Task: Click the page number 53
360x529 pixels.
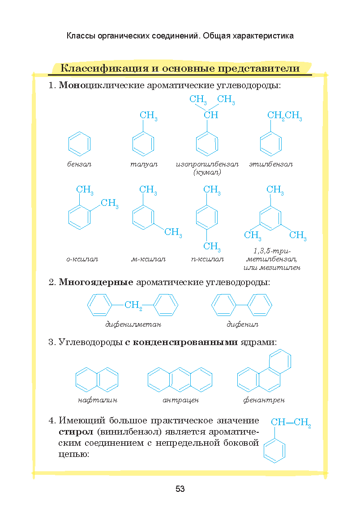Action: click(180, 489)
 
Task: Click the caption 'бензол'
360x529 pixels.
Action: click(79, 164)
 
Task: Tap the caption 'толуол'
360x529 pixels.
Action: click(144, 164)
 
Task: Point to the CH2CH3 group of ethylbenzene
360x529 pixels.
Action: click(285, 116)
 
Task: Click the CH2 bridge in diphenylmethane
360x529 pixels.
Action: click(133, 305)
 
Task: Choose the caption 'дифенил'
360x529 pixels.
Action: click(242, 324)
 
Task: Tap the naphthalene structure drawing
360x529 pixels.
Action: click(97, 380)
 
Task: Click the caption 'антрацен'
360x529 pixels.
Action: click(180, 400)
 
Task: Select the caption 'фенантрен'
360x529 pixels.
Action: click(264, 400)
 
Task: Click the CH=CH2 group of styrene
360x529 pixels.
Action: click(291, 422)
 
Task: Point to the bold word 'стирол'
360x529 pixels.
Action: click(76, 432)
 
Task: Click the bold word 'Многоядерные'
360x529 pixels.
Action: click(96, 282)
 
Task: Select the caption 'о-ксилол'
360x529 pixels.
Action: click(82, 260)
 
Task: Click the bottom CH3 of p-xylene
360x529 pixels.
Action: click(212, 247)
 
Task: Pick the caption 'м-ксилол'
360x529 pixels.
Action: click(148, 260)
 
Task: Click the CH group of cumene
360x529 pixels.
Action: click(211, 115)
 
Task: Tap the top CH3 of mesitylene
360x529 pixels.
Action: click(275, 190)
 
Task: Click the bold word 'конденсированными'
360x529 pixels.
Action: click(185, 342)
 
